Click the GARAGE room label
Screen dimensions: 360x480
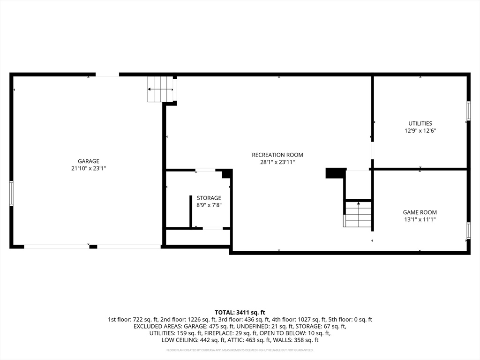click(89, 161)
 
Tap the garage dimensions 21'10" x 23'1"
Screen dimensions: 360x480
click(89, 168)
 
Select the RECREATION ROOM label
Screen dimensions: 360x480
click(277, 155)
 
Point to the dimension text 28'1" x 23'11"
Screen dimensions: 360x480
click(277, 162)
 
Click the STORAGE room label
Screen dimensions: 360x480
click(209, 198)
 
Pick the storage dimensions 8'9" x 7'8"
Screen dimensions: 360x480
click(209, 205)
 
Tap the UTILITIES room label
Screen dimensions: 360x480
click(420, 124)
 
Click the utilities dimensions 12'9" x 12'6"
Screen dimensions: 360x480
click(420, 131)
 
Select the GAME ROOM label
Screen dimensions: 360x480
click(420, 212)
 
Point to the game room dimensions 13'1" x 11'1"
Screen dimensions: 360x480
click(420, 219)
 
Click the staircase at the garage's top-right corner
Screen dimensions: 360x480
click(160, 89)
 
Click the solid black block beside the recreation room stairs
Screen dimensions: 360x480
click(336, 173)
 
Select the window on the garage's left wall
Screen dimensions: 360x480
click(11, 193)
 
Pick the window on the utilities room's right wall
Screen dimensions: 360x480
click(468, 111)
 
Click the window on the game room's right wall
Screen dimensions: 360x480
click(468, 231)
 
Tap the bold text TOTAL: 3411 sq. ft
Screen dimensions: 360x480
click(240, 312)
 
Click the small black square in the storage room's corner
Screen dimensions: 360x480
click(226, 174)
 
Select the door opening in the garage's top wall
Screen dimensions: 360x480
click(107, 74)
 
